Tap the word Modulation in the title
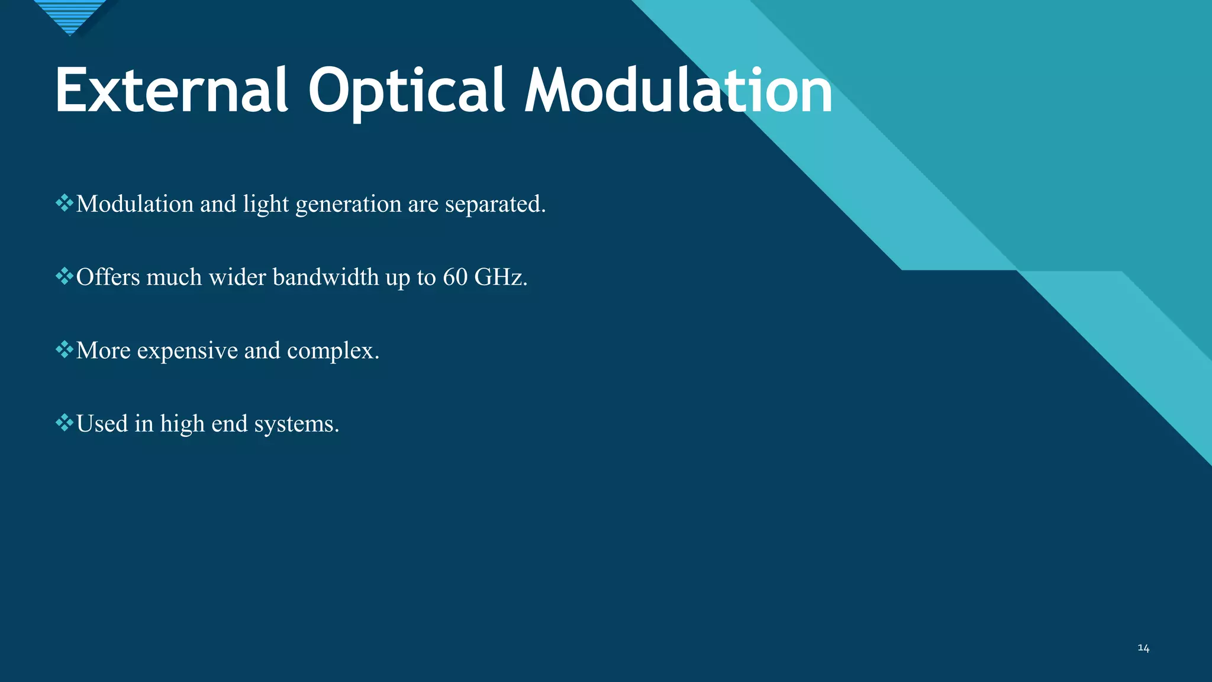(678, 91)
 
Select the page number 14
(1143, 648)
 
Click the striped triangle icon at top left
(70, 15)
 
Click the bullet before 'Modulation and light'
(64, 204)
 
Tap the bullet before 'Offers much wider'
(64, 276)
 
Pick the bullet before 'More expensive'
(64, 350)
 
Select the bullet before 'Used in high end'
(64, 423)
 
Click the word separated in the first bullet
(495, 204)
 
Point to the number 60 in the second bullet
(455, 277)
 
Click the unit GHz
(500, 277)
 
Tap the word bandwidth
(325, 277)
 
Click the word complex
(333, 351)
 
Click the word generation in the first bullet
(348, 205)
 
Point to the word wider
(237, 277)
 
